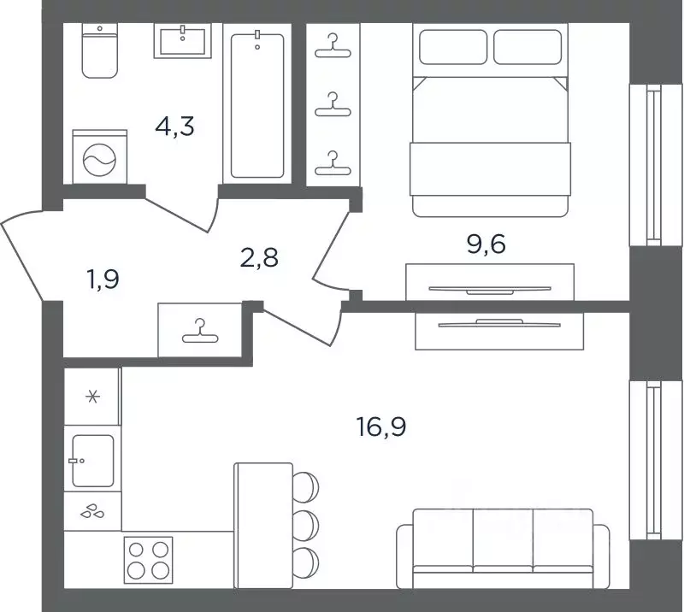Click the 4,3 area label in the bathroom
coord(174,127)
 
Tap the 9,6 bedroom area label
coord(486,244)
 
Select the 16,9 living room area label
coord(381,427)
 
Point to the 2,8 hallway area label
coord(259,257)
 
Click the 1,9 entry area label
coord(103,280)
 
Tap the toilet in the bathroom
coord(100,51)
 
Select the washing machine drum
coord(99,160)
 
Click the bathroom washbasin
coord(183,41)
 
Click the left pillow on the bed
coord(453,47)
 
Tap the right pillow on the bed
coord(528,47)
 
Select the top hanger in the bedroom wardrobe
coord(333,46)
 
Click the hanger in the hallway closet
coord(200,331)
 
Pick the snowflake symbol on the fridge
coord(92,397)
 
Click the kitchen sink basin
coord(93,460)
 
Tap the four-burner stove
coord(148,560)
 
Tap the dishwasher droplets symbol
coord(92,511)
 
